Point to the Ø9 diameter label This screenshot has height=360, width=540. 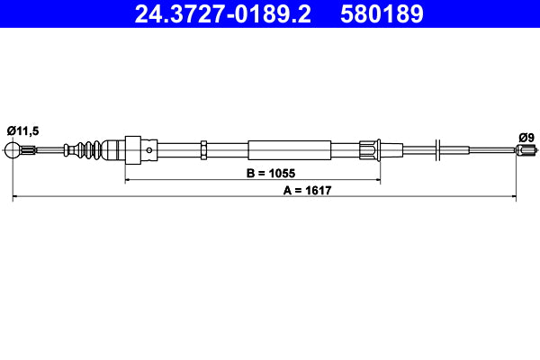point(526,137)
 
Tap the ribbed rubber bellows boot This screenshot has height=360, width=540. point(89,149)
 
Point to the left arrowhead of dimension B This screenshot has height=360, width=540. point(128,180)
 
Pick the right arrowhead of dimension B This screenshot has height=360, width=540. point(376,180)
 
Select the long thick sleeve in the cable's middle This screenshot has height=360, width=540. point(282,149)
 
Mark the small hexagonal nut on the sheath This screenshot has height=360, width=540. point(204,149)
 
